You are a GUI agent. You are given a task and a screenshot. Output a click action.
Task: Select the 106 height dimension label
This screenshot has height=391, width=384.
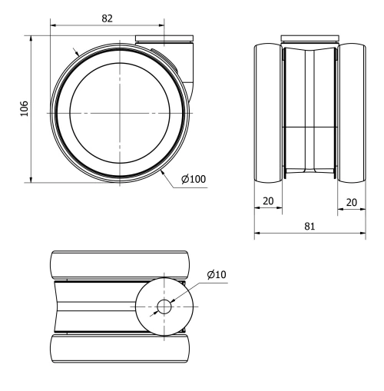point(24,108)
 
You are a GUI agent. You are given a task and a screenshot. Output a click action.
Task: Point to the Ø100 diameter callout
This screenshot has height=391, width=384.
point(193,180)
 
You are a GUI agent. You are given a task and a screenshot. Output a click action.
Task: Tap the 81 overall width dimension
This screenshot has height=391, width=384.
point(309,227)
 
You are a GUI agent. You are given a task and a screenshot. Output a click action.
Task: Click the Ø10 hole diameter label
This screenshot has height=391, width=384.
point(216,274)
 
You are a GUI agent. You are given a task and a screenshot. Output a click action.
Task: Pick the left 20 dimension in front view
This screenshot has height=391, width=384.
point(269,201)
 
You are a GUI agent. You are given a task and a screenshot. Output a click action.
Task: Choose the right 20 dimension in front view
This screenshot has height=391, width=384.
point(349,201)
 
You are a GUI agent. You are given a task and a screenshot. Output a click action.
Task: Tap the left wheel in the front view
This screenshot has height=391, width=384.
point(269,113)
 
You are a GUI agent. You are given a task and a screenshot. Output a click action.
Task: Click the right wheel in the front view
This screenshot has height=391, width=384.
point(349,113)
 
